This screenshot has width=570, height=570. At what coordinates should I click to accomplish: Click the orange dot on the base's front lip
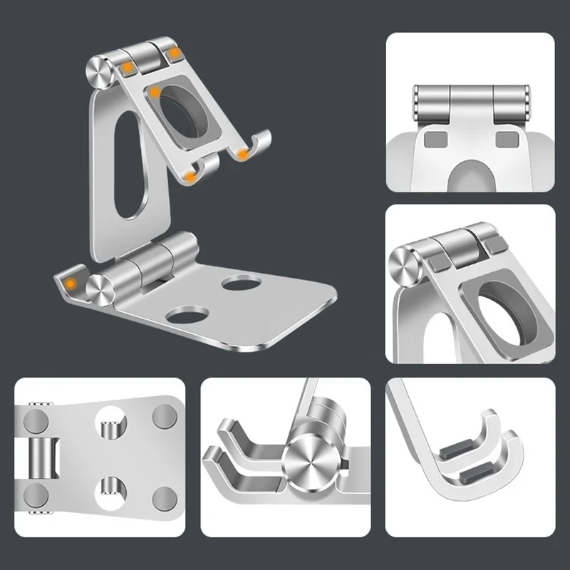(x=70, y=284)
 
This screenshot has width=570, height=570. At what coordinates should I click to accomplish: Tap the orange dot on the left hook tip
(x=190, y=173)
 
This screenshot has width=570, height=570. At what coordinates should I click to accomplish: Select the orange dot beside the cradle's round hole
(x=154, y=93)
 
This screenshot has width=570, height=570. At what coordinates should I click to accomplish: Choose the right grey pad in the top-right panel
(x=507, y=138)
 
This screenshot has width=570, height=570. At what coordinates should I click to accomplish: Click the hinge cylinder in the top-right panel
(x=470, y=104)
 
